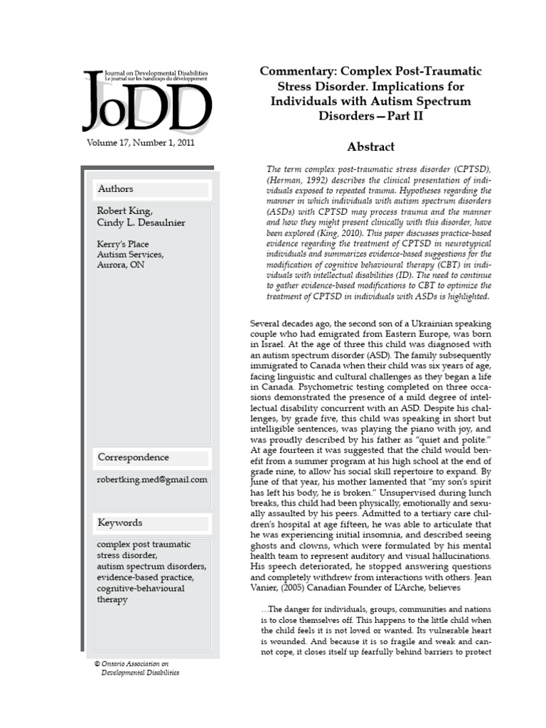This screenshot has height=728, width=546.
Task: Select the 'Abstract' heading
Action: coord(370,147)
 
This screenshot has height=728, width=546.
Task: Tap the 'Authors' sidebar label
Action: coord(116,189)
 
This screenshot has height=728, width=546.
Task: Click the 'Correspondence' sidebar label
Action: coord(133,457)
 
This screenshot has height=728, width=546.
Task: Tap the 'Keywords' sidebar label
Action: coord(120,523)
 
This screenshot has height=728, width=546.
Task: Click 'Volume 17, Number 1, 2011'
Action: coord(140,142)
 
